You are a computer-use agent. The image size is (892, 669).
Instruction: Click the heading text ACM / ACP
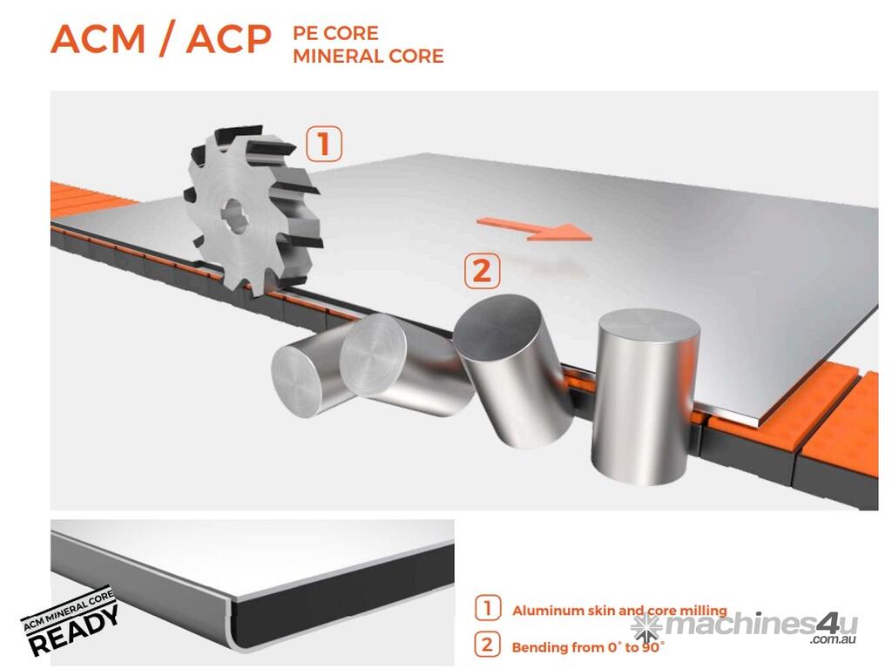click(x=161, y=39)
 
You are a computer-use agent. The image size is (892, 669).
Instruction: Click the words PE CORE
click(x=335, y=33)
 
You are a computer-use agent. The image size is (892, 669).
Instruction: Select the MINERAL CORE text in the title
click(x=368, y=56)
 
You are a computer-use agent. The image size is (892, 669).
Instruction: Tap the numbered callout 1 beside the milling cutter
click(x=324, y=144)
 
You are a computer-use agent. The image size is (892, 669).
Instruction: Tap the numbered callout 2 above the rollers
click(x=483, y=271)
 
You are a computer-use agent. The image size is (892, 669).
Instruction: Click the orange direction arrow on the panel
click(x=534, y=228)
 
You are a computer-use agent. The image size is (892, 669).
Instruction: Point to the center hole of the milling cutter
click(x=235, y=216)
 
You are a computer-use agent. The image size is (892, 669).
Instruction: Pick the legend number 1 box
click(x=488, y=608)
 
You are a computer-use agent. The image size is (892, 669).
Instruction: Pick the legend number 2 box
click(x=488, y=645)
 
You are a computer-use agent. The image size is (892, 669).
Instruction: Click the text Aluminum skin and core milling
click(x=619, y=611)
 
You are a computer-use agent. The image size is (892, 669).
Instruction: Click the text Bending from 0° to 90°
click(x=588, y=647)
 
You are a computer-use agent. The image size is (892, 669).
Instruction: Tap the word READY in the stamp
click(x=73, y=631)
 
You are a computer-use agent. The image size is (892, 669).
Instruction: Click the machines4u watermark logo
click(x=744, y=626)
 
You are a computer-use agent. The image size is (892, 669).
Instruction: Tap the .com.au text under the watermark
click(x=834, y=640)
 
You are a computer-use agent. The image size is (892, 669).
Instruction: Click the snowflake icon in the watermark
click(x=646, y=628)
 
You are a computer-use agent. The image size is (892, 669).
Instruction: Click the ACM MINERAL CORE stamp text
click(x=68, y=610)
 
